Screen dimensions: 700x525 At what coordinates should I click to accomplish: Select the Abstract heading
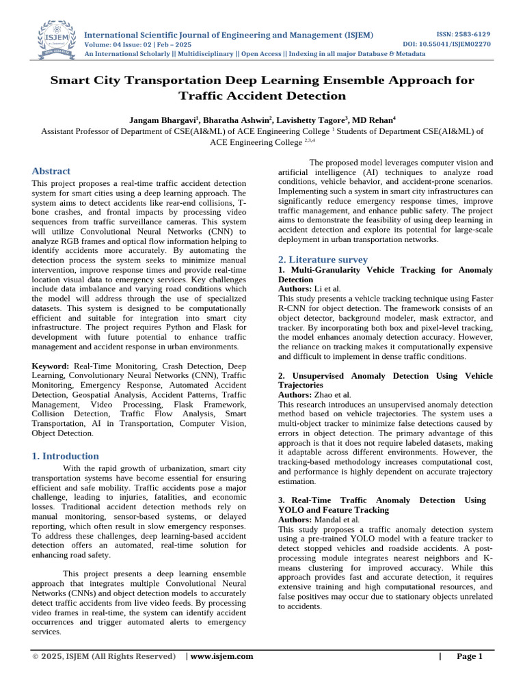pos(51,171)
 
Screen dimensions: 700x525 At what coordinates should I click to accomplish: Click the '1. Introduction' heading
pos(66,456)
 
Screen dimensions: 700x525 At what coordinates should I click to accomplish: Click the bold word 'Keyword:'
pos(51,367)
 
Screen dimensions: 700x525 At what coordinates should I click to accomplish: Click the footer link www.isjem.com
pos(221,656)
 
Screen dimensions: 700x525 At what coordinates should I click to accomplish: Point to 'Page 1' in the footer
pos(470,656)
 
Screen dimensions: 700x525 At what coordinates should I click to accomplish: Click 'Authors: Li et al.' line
pos(309,289)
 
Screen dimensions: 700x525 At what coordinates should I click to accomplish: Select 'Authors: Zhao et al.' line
pos(314,395)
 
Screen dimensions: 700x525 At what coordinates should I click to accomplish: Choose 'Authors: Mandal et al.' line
pos(319,520)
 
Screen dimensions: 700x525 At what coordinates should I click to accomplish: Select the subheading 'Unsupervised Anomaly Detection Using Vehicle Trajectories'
pos(385,381)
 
